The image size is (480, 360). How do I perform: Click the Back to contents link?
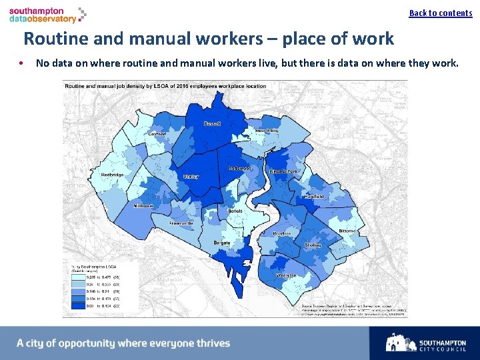tap(440, 13)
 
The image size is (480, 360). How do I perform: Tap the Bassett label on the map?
tap(212, 124)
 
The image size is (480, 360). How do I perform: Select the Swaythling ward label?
tap(266, 131)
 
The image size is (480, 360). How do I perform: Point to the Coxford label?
tap(157, 134)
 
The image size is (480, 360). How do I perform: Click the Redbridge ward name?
tap(112, 175)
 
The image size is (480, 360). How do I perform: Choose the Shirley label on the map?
tap(191, 177)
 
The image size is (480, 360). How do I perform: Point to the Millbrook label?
tap(143, 206)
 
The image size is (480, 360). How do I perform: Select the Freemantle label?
tap(181, 223)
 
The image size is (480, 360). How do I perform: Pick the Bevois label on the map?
tap(235, 211)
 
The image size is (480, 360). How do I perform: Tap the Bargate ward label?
tap(222, 243)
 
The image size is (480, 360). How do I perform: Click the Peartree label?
tap(281, 234)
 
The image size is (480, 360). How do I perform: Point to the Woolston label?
tap(286, 275)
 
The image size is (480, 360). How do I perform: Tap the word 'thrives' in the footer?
tap(211, 343)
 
